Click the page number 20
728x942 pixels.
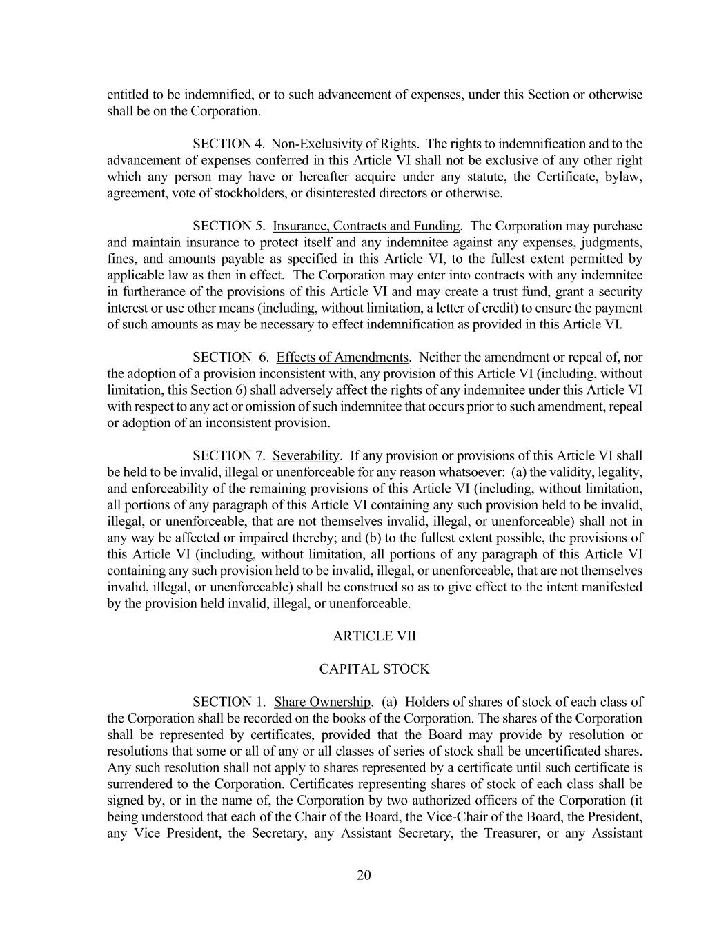click(x=364, y=875)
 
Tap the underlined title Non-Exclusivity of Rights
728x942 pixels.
click(x=344, y=144)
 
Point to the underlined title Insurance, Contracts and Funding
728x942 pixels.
click(x=366, y=226)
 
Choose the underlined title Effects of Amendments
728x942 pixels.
click(x=342, y=357)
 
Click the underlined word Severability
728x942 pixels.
click(x=306, y=455)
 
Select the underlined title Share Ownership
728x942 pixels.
click(x=322, y=702)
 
